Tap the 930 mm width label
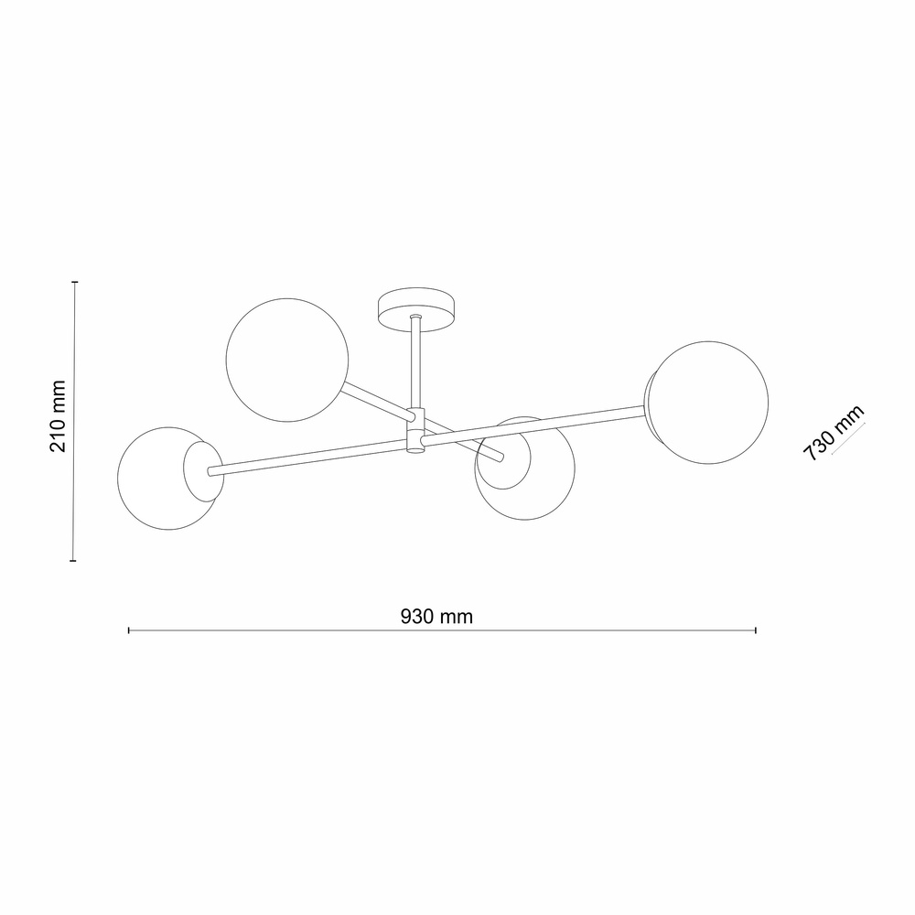tap(436, 616)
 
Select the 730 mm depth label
tap(833, 433)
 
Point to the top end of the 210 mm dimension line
tap(75, 282)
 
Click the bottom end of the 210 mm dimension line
tap(75, 559)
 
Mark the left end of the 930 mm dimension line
tap(129, 630)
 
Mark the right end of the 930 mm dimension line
tap(755, 630)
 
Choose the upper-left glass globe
tap(287, 360)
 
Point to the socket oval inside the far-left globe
tap(201, 469)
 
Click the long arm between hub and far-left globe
tap(307, 458)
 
